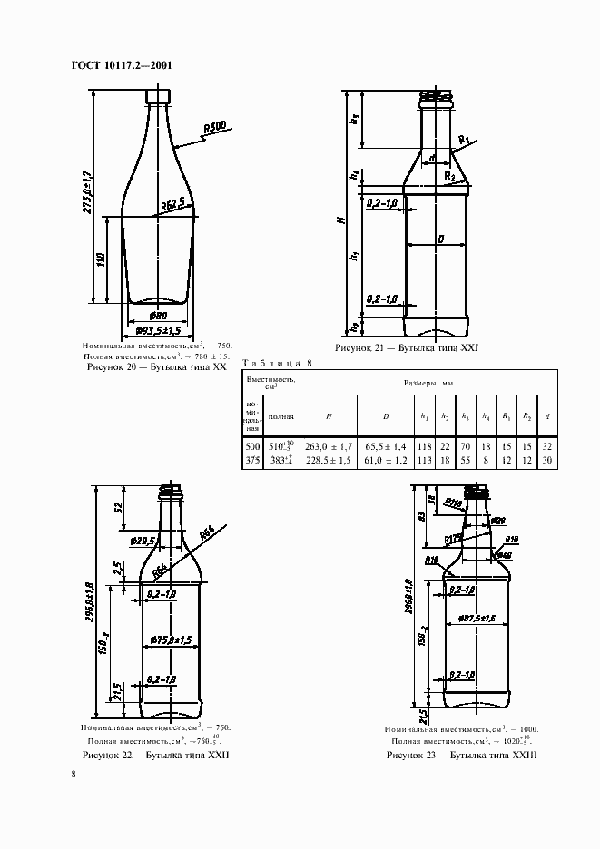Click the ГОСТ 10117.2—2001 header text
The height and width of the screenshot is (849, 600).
tap(121, 65)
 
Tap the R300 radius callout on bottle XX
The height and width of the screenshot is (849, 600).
tap(216, 128)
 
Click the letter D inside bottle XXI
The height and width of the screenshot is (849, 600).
tap(439, 239)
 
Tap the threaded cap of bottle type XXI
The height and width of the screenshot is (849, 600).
tap(438, 97)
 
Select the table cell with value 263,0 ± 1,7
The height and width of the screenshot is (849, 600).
tap(328, 447)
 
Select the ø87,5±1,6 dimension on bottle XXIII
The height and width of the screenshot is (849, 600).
tap(475, 619)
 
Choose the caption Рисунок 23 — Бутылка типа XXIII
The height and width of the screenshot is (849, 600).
tap(462, 755)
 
